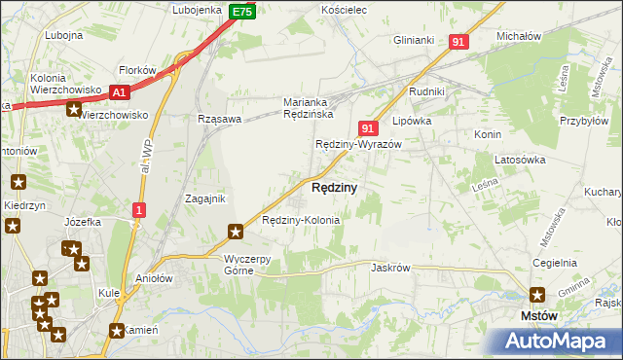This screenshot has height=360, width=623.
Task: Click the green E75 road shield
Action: point(243,12)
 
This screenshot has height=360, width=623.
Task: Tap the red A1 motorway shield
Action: point(119,92)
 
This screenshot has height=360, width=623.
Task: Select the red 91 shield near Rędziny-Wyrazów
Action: point(367,127)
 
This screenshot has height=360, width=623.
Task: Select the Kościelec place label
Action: point(343,10)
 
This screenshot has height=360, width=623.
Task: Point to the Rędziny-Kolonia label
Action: point(301,220)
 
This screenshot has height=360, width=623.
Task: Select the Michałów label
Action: point(518,36)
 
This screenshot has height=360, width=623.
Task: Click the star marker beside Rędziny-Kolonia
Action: point(235,232)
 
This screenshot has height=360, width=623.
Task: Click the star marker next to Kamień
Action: point(118,330)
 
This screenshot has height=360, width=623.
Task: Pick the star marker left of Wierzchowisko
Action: point(74,109)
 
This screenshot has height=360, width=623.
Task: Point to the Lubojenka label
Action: point(199,10)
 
